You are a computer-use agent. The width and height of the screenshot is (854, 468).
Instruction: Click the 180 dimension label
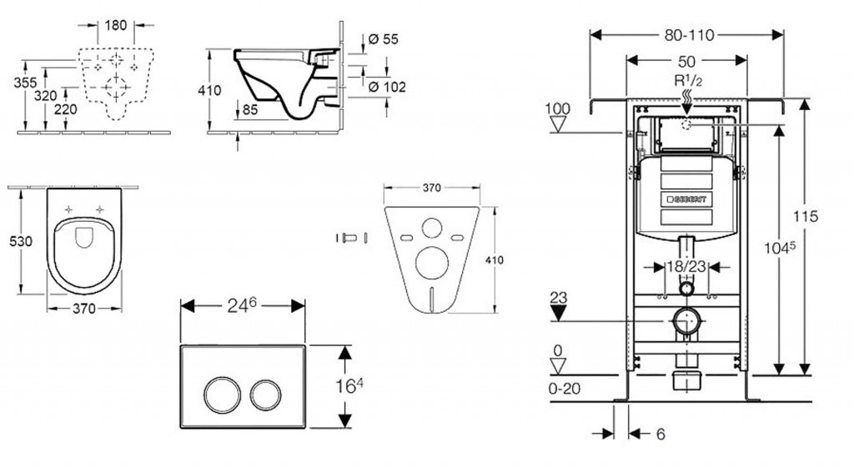(x=117, y=25)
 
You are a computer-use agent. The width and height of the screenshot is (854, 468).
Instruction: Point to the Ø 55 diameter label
(x=384, y=39)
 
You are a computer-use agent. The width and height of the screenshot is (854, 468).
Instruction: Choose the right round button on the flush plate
(x=264, y=392)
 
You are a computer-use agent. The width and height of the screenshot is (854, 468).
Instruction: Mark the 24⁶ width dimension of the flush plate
(x=241, y=306)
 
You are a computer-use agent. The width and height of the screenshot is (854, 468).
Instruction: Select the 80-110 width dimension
(x=686, y=35)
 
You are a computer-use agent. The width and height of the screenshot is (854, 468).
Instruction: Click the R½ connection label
(x=687, y=81)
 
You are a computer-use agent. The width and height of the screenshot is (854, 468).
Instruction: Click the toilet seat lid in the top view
(x=83, y=236)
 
